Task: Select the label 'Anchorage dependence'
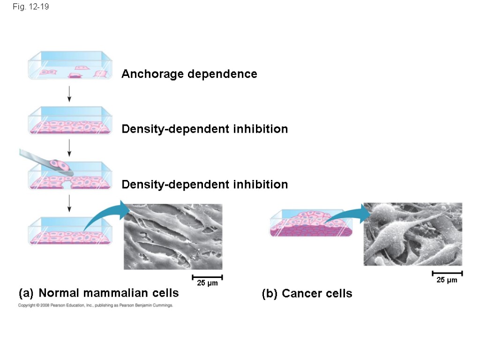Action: coord(189,74)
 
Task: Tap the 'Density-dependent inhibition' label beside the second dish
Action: coord(204,129)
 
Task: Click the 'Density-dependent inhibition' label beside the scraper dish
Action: coord(204,185)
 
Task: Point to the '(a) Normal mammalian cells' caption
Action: coord(98,293)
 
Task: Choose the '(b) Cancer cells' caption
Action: coord(307,294)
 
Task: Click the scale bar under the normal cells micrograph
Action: coord(207,277)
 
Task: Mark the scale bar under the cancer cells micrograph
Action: coord(447,273)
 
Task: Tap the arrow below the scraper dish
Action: coord(69,202)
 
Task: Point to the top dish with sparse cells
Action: coord(70,66)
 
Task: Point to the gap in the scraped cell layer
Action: coord(67,186)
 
